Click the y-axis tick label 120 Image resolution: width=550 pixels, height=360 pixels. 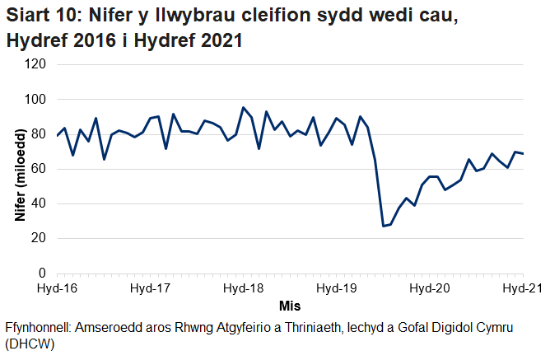coord(35,65)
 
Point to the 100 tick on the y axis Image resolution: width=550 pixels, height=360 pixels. coord(35,100)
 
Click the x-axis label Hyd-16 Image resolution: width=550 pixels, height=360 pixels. coord(58,288)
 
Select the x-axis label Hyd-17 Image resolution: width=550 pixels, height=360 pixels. coord(151,288)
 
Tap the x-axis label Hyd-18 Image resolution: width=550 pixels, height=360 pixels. coord(244,288)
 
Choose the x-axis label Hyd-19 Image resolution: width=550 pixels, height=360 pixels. coord(337,288)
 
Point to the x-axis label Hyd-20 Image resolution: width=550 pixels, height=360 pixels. coord(430,288)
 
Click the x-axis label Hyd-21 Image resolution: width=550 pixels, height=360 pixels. coord(521,288)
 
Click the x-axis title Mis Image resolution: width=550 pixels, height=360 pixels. coord(290,306)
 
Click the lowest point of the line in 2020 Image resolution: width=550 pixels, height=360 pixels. coord(383,226)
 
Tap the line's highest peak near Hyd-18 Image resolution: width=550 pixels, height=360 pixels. coord(243,107)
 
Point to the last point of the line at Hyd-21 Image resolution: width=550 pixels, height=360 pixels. coord(524,154)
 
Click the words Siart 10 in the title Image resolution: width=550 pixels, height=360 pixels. coord(38,16)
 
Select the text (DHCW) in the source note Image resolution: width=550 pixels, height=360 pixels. coord(30,344)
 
